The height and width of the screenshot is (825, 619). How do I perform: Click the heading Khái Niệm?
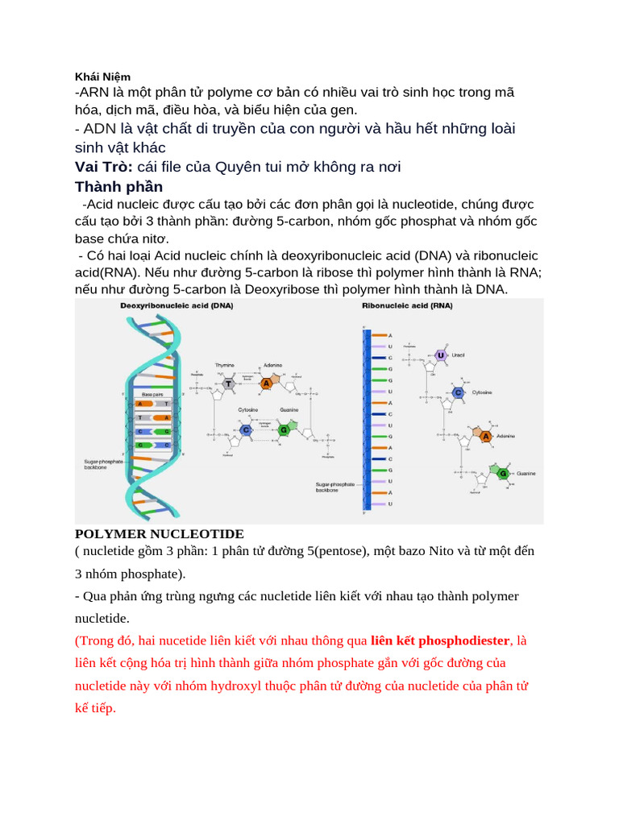point(102,77)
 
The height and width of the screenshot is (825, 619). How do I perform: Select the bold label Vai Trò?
point(104,167)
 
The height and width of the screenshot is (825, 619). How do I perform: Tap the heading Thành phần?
point(118,187)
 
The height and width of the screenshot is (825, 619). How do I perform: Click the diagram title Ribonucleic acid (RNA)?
point(407,306)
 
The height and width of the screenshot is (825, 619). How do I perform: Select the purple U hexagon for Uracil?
point(440,355)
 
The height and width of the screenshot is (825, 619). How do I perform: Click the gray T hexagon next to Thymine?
point(229,384)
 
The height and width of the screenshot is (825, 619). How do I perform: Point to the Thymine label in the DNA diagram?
point(224,365)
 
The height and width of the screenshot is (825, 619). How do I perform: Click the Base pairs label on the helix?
point(152,395)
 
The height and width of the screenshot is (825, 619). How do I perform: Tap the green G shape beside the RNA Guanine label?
point(502,473)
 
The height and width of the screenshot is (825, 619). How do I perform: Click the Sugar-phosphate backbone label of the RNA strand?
point(334,487)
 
